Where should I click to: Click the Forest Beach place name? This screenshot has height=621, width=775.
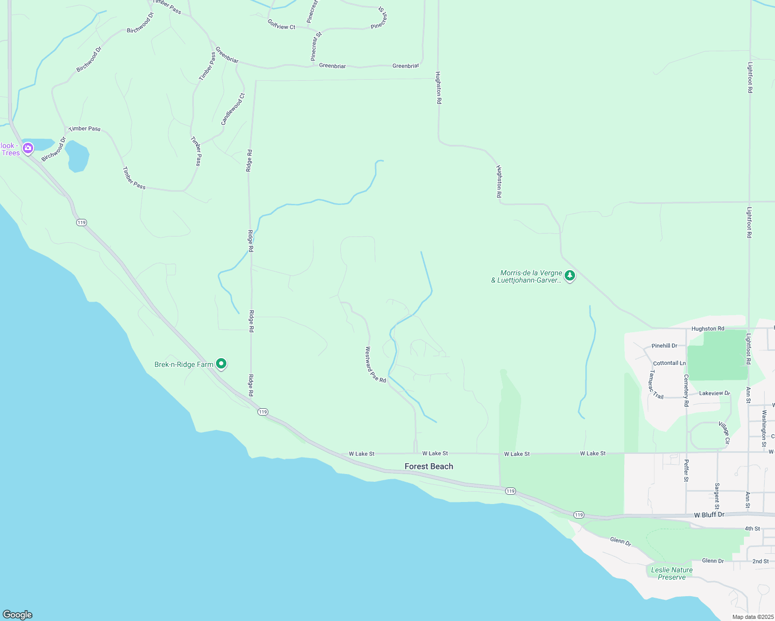click(x=428, y=466)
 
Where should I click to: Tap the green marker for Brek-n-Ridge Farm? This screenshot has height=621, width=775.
click(x=221, y=364)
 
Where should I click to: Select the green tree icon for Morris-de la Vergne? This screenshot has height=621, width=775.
click(x=569, y=276)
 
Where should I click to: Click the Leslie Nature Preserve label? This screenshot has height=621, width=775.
click(x=671, y=573)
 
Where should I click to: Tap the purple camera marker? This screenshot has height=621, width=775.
click(x=28, y=149)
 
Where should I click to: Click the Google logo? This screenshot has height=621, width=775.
click(x=17, y=615)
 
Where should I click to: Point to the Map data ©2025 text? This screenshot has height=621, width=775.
click(x=752, y=617)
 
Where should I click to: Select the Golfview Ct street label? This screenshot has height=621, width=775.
click(x=281, y=24)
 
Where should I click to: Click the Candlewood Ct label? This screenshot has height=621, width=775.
click(x=233, y=109)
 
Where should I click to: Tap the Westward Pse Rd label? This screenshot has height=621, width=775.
click(x=376, y=365)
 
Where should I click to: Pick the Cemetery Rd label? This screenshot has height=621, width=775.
click(x=686, y=390)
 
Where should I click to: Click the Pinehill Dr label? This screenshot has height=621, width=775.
click(x=664, y=346)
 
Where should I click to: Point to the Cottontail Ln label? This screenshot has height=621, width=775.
click(x=669, y=363)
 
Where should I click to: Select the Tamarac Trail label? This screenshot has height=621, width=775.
click(x=655, y=385)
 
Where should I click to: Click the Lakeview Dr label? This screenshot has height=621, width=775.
click(x=714, y=393)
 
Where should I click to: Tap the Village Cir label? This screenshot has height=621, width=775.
click(x=724, y=433)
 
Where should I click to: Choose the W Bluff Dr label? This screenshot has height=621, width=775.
click(x=709, y=515)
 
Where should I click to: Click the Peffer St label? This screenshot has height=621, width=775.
click(x=686, y=470)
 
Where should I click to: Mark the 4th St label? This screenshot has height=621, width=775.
click(x=752, y=529)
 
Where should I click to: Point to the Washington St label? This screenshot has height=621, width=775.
click(x=764, y=428)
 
